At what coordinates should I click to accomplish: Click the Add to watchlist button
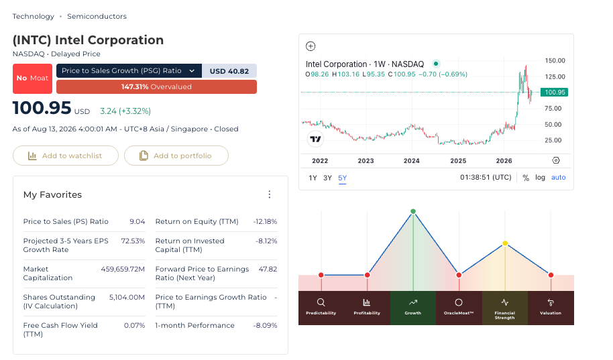point(66,156)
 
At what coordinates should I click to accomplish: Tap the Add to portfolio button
point(176,156)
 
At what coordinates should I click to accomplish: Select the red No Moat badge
point(32,78)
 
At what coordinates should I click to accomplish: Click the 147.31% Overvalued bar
point(156,86)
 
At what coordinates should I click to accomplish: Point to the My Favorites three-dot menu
point(270,194)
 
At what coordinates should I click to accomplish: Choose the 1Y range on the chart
point(313,178)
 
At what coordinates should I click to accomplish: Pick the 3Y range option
point(327,178)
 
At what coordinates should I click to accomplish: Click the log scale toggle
point(540,178)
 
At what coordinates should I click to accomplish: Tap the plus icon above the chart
point(311,46)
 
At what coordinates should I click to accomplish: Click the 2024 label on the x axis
point(412,161)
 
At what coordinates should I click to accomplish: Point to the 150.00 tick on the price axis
point(555,60)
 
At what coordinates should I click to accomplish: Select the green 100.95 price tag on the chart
point(555,93)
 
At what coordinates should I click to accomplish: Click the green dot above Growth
point(413,211)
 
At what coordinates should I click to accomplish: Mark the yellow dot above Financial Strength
point(505,243)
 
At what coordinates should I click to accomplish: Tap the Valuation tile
point(551,308)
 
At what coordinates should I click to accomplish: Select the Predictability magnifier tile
point(321,308)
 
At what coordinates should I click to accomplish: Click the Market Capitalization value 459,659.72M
point(123,269)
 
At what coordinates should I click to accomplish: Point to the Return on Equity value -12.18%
point(265,222)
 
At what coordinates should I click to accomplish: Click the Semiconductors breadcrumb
point(97,16)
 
